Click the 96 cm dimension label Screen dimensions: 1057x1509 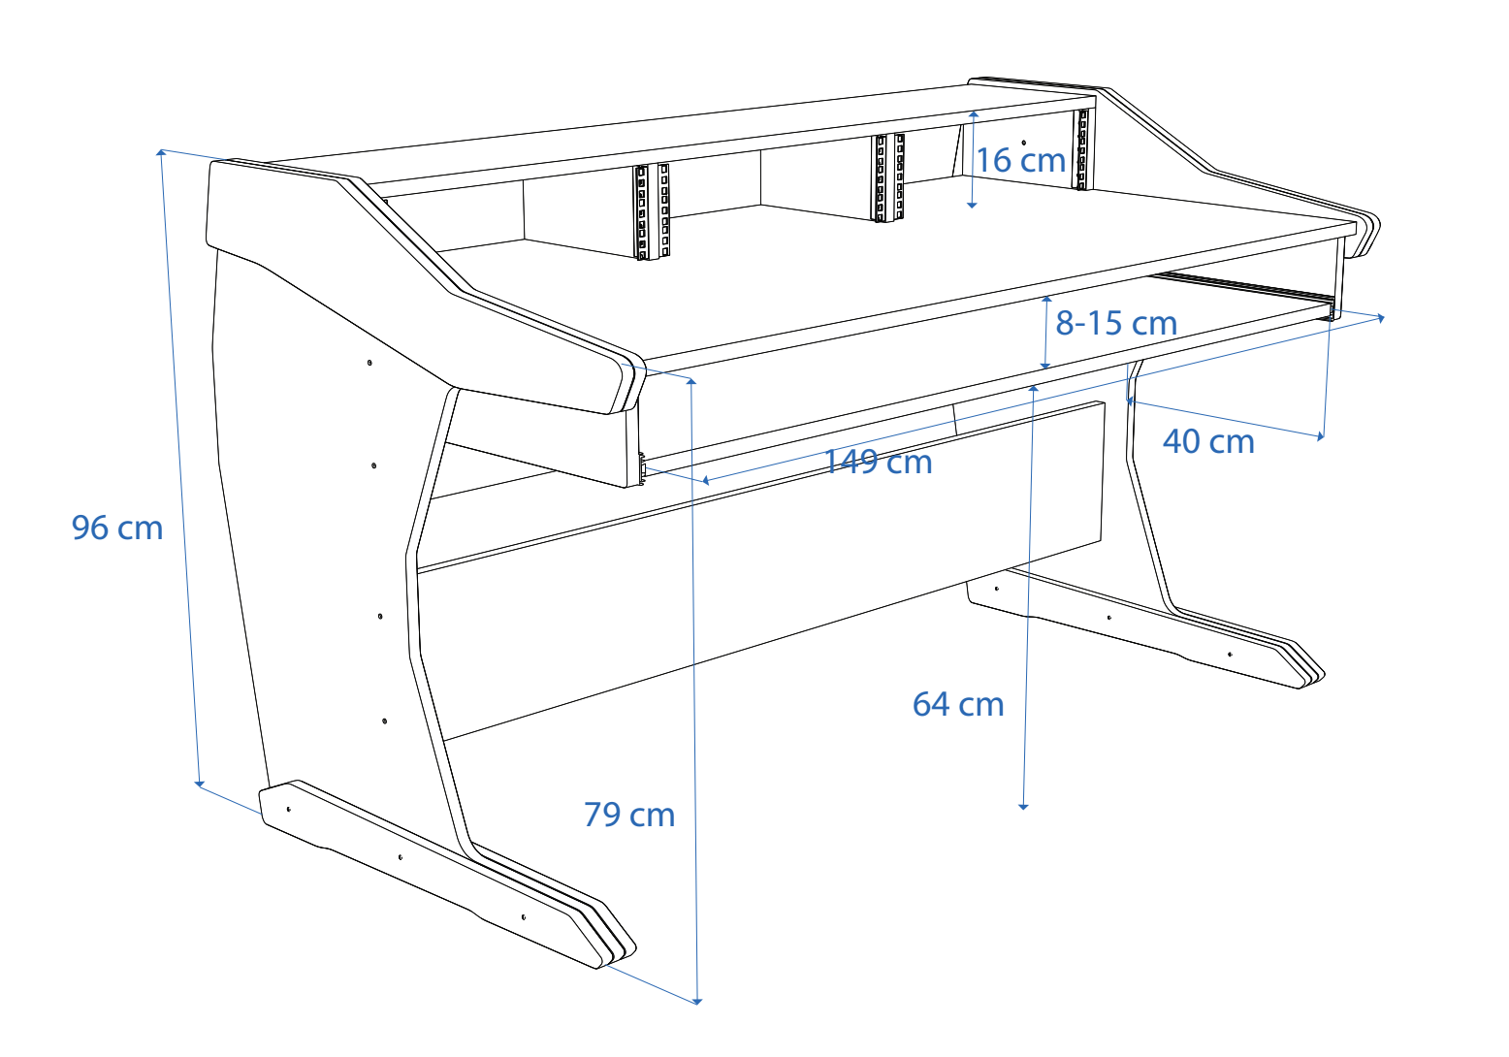(117, 528)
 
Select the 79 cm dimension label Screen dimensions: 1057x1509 (628, 815)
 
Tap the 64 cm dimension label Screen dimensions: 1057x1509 (957, 704)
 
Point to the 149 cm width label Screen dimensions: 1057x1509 (878, 463)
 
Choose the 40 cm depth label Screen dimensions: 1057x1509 (1208, 442)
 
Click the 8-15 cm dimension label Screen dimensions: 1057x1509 (1116, 323)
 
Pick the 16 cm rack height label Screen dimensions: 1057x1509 (1020, 160)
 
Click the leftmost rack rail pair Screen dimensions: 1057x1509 (652, 211)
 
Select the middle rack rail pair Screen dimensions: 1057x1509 (888, 177)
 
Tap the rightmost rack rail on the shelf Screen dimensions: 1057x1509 (1082, 149)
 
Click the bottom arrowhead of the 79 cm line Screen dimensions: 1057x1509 (698, 1000)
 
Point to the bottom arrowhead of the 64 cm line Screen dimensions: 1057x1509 (1023, 805)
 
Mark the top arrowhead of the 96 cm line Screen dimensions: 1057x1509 (161, 152)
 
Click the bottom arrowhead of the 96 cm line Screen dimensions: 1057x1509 (200, 783)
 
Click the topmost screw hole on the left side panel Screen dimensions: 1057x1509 (369, 363)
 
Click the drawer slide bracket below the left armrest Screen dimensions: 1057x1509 (642, 470)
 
